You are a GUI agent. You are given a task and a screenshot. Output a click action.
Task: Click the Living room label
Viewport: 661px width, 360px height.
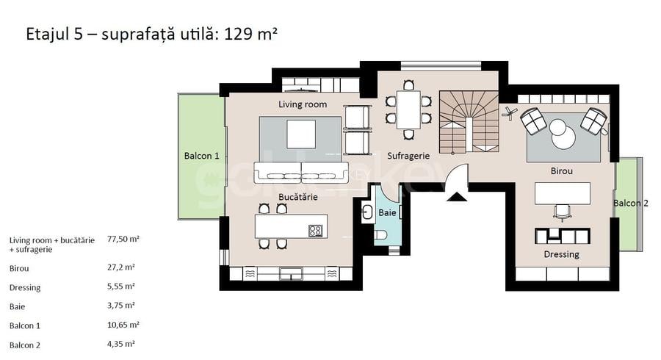pyautogui.click(x=302, y=104)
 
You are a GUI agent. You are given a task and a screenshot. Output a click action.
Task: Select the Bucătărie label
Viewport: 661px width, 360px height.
pyautogui.click(x=298, y=198)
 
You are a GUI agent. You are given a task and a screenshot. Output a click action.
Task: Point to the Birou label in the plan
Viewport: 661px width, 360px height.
pyautogui.click(x=561, y=170)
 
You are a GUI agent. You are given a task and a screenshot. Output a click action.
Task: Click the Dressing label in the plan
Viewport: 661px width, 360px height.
pyautogui.click(x=561, y=254)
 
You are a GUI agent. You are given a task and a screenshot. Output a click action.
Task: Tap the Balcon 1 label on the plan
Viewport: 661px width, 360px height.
pyautogui.click(x=201, y=156)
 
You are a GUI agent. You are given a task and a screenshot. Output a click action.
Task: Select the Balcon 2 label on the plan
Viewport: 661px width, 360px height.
pyautogui.click(x=630, y=204)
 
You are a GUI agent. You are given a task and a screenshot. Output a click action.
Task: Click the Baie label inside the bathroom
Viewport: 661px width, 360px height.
pyautogui.click(x=387, y=213)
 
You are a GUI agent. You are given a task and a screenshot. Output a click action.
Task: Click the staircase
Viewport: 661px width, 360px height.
pyautogui.click(x=469, y=122)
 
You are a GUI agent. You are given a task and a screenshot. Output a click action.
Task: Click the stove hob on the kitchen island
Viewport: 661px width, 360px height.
pyautogui.click(x=316, y=230)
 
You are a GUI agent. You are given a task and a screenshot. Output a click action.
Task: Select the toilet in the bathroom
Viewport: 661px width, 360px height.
pyautogui.click(x=380, y=235)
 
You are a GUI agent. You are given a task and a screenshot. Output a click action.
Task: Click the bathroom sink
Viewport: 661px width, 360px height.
pyautogui.click(x=367, y=212)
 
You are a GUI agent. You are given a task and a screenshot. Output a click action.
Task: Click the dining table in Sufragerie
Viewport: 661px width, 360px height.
pyautogui.click(x=408, y=109)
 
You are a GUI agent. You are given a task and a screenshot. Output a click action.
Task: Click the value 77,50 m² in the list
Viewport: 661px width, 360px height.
pyautogui.click(x=123, y=240)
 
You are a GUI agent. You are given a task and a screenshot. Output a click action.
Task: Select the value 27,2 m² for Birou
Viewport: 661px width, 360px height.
pyautogui.click(x=120, y=268)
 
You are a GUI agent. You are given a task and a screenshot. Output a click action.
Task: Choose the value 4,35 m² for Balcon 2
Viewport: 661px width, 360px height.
pyautogui.click(x=123, y=343)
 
